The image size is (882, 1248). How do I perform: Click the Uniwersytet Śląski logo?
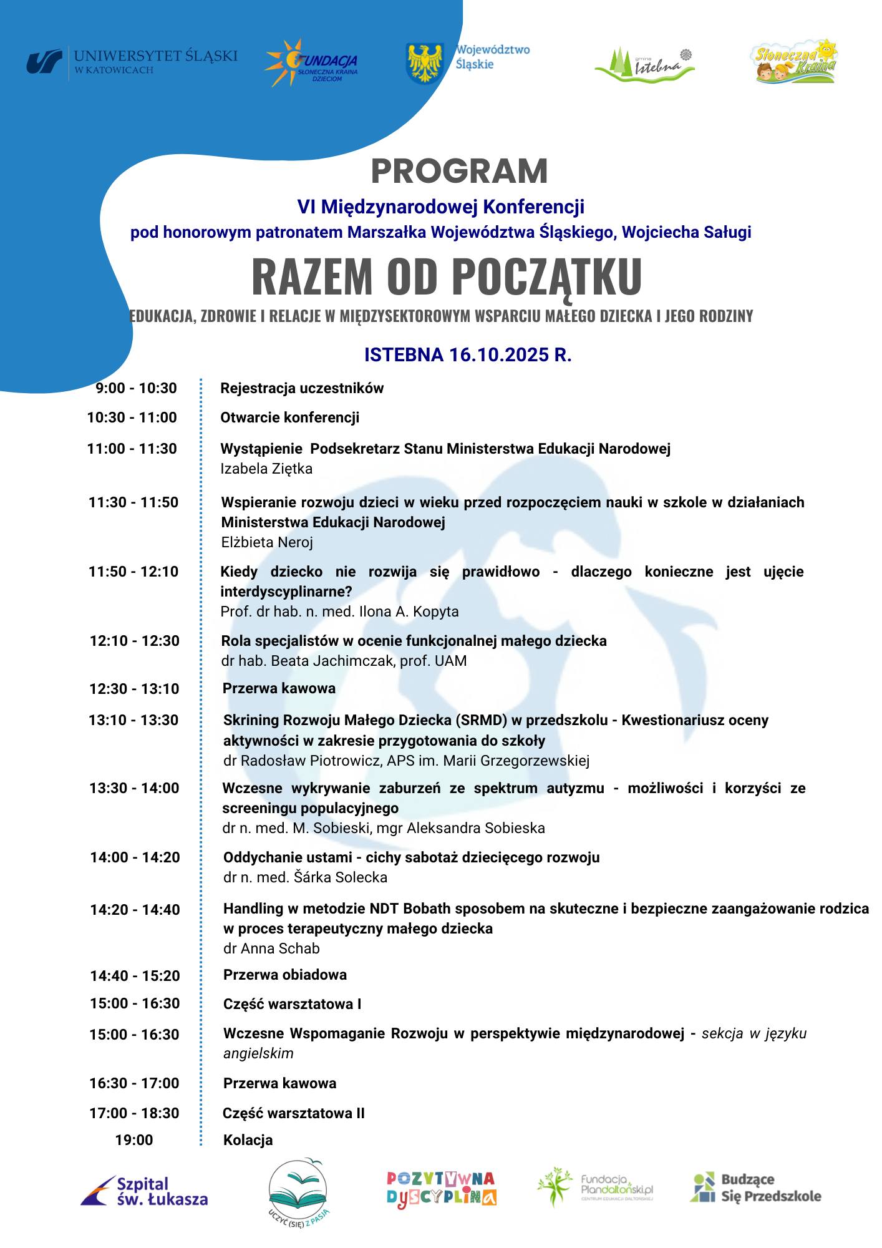[132, 62]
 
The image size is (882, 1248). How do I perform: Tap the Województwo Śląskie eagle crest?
[424, 63]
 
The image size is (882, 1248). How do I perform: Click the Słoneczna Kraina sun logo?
[793, 61]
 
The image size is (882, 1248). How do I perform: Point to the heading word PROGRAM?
[459, 171]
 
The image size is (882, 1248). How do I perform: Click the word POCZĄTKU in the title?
[546, 276]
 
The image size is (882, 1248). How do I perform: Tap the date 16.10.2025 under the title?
[499, 355]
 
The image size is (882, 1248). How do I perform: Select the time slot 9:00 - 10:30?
[136, 388]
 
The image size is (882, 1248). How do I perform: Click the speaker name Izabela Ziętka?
[266, 469]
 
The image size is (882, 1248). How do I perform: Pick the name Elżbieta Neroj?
[267, 542]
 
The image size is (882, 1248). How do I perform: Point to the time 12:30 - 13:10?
[134, 689]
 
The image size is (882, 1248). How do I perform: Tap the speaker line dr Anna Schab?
[271, 948]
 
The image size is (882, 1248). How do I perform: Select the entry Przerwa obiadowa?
[285, 975]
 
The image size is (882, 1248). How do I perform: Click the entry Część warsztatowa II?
[294, 1113]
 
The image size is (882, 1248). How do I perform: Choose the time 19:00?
[134, 1140]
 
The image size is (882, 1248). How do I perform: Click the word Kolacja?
[248, 1140]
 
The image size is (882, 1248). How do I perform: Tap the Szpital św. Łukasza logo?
[145, 1191]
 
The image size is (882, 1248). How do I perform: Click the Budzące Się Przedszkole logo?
[755, 1187]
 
